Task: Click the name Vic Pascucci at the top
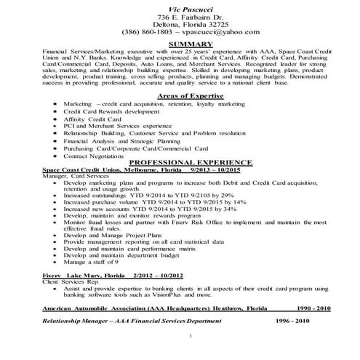(179, 7)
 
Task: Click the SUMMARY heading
(179, 44)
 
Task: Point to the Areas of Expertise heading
(180, 97)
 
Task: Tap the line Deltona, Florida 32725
(179, 24)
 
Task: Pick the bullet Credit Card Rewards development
(111, 112)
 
